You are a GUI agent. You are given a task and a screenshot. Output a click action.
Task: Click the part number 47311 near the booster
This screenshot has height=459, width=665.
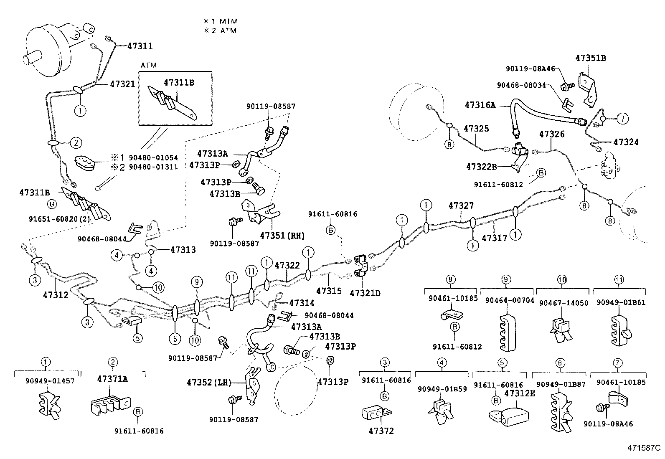tap(140, 46)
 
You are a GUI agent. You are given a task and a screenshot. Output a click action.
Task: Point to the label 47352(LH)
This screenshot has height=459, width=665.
tap(208, 382)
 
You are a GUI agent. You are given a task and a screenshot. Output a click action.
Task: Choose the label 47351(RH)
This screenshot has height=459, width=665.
tap(282, 236)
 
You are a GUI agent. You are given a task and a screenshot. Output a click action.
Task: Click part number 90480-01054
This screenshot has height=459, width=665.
tap(153, 158)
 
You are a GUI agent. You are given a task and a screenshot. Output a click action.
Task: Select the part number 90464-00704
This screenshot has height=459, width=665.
tap(507, 300)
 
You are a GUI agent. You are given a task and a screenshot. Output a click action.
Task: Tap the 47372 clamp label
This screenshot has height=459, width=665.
tap(380, 431)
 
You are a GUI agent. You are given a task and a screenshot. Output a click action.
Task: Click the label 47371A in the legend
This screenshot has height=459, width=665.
tap(112, 379)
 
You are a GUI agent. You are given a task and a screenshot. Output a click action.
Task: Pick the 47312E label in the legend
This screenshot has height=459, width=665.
tap(520, 393)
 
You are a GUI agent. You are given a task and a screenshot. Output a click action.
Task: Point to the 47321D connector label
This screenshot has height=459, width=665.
tap(365, 293)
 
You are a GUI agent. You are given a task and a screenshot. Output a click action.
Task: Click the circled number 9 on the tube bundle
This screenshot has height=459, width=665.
tap(197, 283)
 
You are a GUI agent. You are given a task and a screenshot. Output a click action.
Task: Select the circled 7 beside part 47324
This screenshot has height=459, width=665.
tap(622, 119)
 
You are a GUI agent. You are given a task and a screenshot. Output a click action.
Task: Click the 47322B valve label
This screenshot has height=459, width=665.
tap(481, 167)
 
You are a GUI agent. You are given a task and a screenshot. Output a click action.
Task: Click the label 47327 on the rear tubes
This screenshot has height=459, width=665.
tap(461, 206)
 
